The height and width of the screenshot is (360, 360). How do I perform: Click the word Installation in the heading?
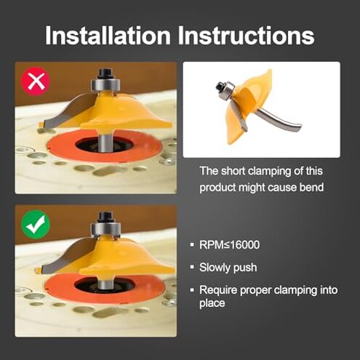tap(108, 36)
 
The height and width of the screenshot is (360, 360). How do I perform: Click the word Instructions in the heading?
tap(246, 36)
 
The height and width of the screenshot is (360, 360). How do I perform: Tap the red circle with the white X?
tap(36, 81)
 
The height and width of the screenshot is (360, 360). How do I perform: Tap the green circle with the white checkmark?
tap(36, 225)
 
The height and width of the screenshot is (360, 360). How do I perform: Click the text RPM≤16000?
tap(229, 245)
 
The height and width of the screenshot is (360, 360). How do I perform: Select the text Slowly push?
tap(228, 268)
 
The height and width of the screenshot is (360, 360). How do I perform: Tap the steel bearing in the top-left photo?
tap(105, 84)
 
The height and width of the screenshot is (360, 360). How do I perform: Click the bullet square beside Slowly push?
tap(192, 267)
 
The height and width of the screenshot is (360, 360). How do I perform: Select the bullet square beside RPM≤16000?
tap(192, 244)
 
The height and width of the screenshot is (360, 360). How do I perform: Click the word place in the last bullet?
tap(212, 303)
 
